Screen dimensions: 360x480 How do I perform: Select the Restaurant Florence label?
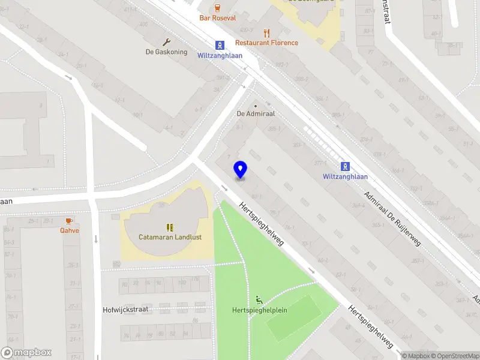pyautogui.click(x=266, y=43)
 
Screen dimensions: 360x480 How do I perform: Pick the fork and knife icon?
pyautogui.click(x=267, y=32)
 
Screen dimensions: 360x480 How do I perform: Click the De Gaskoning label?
pyautogui.click(x=166, y=52)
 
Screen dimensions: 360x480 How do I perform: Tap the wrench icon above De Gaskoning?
pyautogui.click(x=167, y=41)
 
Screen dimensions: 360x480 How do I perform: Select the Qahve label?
pyautogui.click(x=69, y=230)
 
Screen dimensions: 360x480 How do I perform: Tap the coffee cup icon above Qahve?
pyautogui.click(x=69, y=220)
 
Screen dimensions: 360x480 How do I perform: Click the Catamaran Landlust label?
pyautogui.click(x=170, y=237)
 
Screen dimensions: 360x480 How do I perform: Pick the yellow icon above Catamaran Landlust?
pyautogui.click(x=170, y=227)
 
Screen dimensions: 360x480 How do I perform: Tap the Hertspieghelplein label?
pyautogui.click(x=260, y=310)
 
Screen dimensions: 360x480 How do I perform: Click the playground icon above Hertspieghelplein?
pyautogui.click(x=260, y=300)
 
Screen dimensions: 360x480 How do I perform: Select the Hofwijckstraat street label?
pyautogui.click(x=125, y=309)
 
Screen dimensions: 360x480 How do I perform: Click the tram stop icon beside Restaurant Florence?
pyautogui.click(x=220, y=45)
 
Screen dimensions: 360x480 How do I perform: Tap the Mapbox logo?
pyautogui.click(x=26, y=352)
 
